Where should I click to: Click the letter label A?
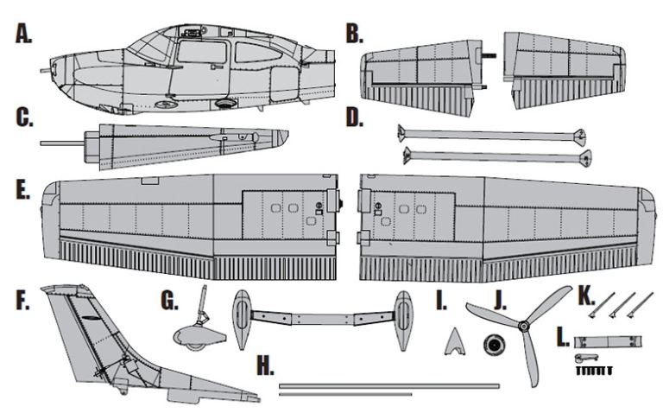23,34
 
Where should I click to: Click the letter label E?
23,189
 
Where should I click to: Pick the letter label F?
22,300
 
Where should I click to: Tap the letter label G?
169,301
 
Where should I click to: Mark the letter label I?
441,301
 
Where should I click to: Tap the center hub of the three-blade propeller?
522,327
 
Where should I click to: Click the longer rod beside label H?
388,384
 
